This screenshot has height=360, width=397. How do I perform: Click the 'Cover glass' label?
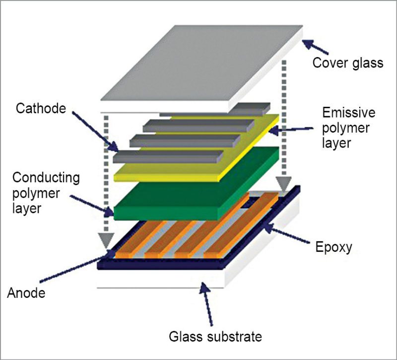(347, 64)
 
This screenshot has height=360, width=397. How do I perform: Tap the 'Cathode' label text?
(41, 108)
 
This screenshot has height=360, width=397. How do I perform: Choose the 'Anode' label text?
(26, 293)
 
